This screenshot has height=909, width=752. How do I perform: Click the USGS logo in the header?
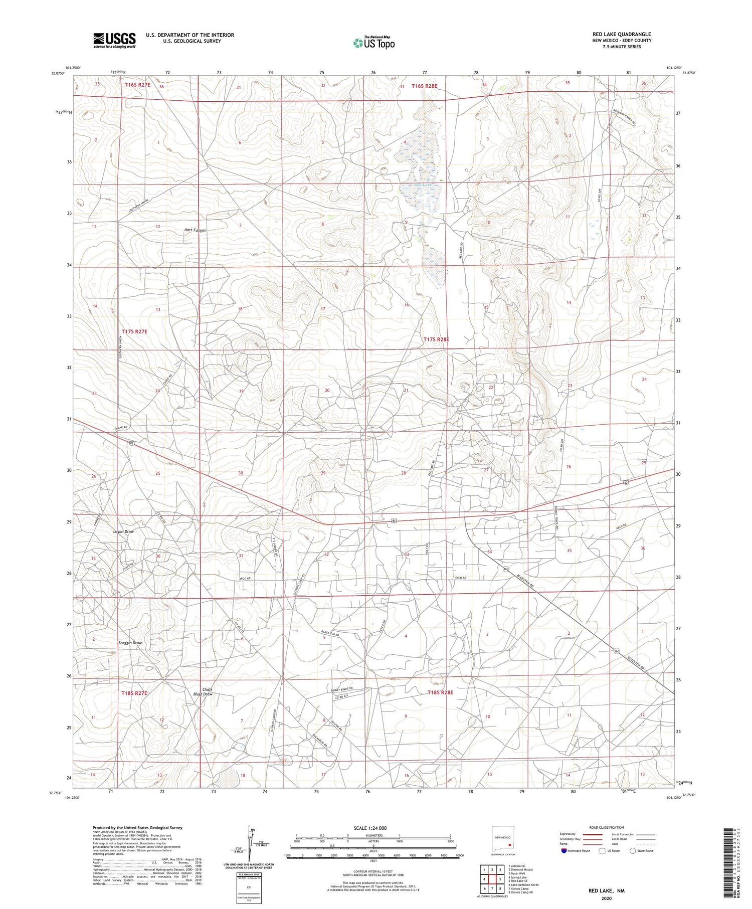pos(114,40)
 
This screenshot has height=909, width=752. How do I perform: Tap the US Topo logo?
pos(373,43)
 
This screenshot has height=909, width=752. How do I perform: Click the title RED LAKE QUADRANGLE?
pos(621,34)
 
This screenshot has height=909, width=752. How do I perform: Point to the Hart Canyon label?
pos(196,230)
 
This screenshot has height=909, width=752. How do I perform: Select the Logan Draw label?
pos(123,531)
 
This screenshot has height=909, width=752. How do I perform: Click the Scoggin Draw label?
pos(130,643)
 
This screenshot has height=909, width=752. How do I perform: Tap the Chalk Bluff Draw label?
pos(203,692)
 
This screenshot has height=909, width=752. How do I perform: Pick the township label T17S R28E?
pos(436,339)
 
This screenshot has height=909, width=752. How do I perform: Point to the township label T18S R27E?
pos(134,693)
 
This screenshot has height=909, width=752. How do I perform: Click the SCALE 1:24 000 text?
pos(370,828)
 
